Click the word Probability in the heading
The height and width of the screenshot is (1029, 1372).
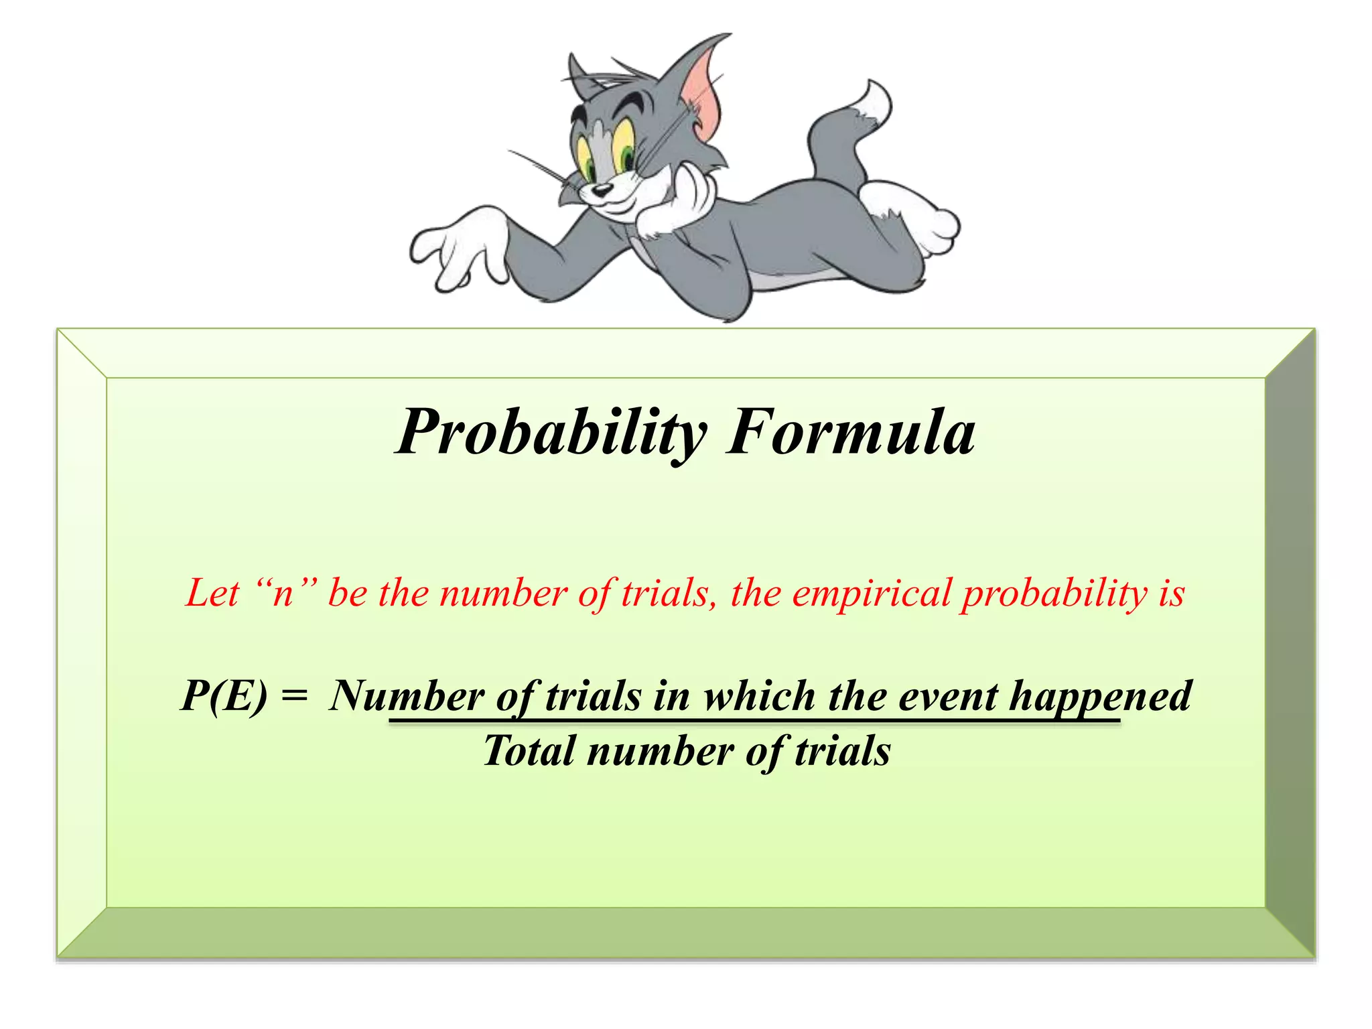tap(551, 433)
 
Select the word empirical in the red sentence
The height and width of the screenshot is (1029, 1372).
tap(871, 594)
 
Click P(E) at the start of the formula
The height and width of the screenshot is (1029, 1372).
tap(224, 695)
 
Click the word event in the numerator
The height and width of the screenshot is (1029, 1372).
tap(948, 695)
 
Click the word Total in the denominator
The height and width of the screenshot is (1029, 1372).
tap(529, 750)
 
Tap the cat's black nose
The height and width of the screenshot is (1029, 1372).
tap(601, 190)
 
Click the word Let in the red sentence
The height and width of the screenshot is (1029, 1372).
tap(212, 593)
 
